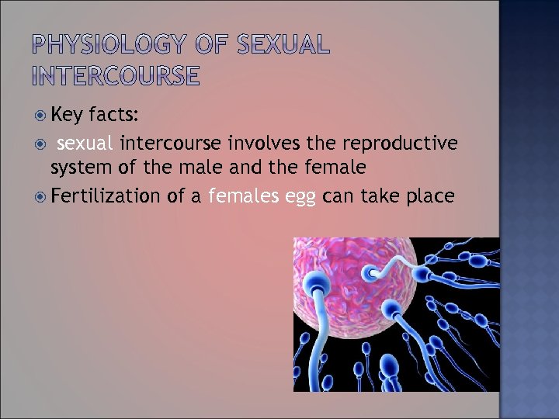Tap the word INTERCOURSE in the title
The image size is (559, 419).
(116, 75)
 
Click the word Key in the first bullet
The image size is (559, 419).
(67, 116)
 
